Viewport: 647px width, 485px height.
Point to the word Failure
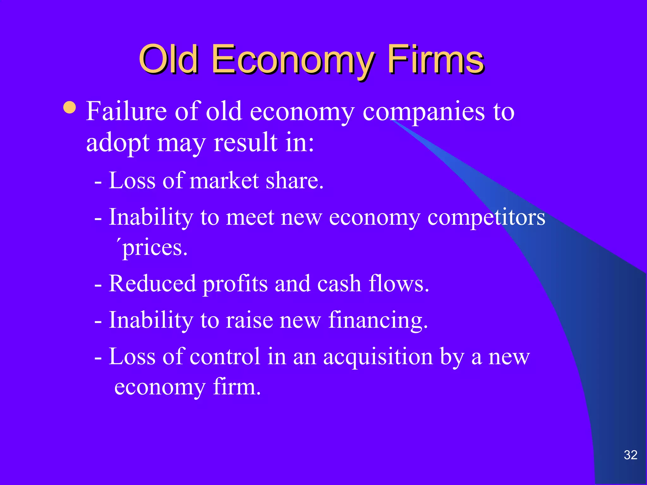coord(126,111)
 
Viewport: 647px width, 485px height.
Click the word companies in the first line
coord(423,112)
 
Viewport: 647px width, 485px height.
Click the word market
coord(224,181)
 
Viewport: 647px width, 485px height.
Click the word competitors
coord(486,218)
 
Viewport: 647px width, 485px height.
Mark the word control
coord(225,356)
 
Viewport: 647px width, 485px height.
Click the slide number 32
coord(630,455)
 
